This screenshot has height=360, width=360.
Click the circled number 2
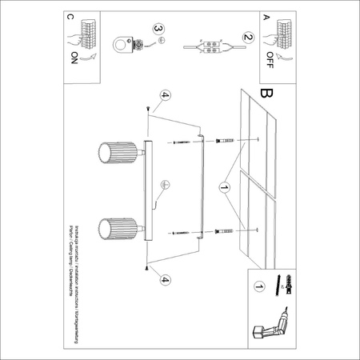[x=248, y=38]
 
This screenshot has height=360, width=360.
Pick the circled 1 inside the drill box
[x=258, y=284]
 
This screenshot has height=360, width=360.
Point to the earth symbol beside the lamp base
[x=165, y=184]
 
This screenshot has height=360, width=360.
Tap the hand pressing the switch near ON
[x=79, y=36]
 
